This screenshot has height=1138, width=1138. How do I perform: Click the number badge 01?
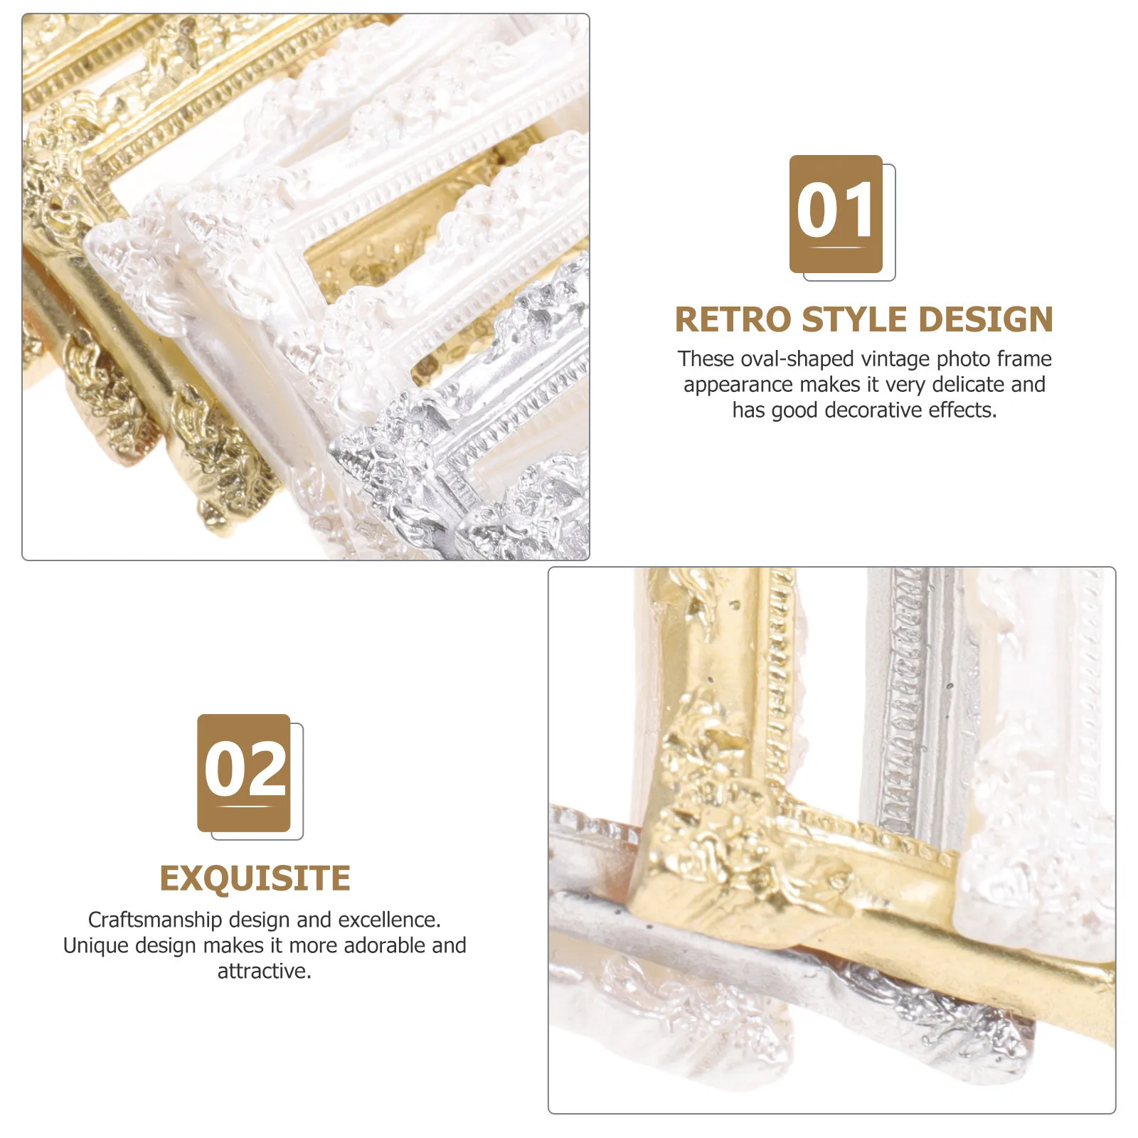[x=836, y=213]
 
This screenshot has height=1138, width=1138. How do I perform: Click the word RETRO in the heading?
[x=733, y=320]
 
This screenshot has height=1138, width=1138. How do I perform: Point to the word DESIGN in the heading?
[x=985, y=320]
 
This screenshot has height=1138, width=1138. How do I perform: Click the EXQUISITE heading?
[x=255, y=878]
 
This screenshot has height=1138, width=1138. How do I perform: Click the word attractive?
[x=264, y=972]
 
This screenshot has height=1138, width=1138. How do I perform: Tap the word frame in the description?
[x=1024, y=359]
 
